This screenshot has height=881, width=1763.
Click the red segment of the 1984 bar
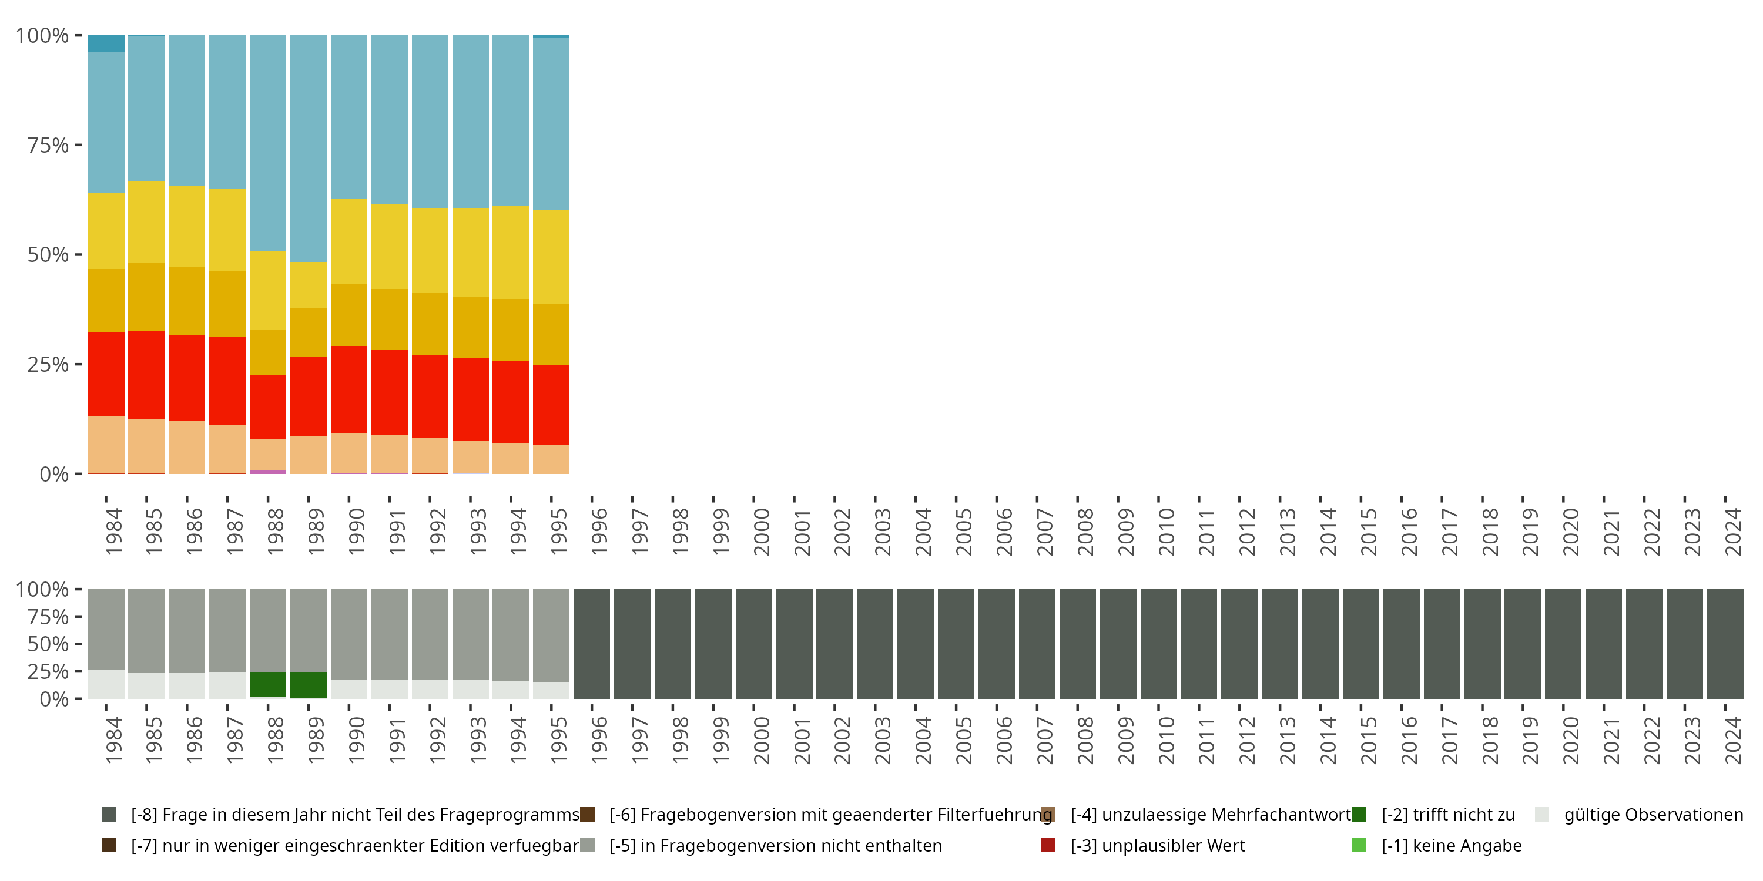tap(106, 374)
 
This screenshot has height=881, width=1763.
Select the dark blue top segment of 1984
tap(106, 43)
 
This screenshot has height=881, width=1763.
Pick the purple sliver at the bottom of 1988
tap(267, 472)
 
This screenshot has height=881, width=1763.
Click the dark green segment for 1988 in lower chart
tap(267, 685)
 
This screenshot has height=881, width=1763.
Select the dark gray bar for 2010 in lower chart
tap(1159, 644)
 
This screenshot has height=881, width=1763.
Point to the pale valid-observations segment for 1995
tap(551, 690)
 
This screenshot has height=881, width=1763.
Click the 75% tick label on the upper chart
tap(48, 145)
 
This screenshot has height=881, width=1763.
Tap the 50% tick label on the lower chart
tap(48, 644)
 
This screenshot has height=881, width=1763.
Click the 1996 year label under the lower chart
tap(599, 740)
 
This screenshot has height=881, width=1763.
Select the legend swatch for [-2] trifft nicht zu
tap(1359, 815)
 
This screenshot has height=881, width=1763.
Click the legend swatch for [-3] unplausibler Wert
tap(1048, 845)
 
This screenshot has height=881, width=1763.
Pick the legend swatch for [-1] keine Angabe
tap(1359, 845)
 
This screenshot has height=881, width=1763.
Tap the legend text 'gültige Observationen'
tap(1653, 815)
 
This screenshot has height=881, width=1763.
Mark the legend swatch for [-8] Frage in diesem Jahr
tap(109, 815)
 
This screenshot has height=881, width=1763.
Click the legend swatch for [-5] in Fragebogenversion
tap(587, 845)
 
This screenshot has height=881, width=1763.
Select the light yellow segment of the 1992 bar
tap(430, 250)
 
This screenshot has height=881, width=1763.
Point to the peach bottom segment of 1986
tap(187, 446)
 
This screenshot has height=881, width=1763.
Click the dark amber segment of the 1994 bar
tap(511, 329)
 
